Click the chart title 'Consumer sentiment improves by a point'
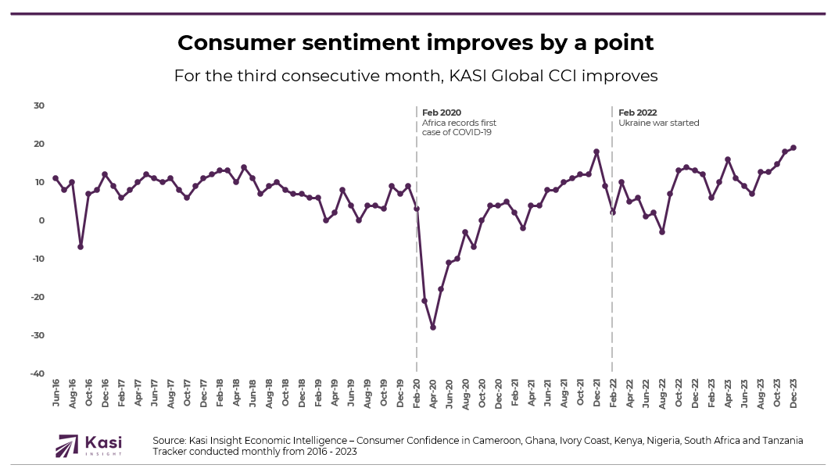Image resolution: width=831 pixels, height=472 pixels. click(415, 43)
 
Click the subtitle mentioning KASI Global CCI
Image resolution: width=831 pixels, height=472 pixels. click(415, 77)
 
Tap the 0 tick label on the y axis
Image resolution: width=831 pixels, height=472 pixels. click(41, 220)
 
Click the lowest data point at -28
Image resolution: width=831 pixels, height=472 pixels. click(432, 327)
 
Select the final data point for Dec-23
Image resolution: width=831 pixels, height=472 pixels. click(793, 148)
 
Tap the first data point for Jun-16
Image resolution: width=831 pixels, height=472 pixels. click(56, 178)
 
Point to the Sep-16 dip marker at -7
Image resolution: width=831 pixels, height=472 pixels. click(80, 247)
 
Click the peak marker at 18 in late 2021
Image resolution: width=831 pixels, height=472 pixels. click(596, 152)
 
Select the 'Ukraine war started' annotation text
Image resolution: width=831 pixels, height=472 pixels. click(658, 123)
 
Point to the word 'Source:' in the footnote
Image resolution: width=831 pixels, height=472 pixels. click(170, 441)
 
